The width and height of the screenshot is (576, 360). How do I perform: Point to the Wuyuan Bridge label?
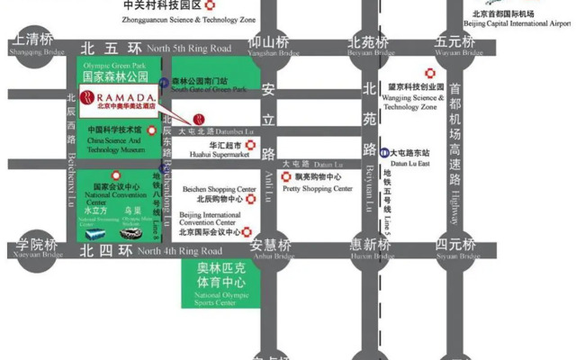point(454,46)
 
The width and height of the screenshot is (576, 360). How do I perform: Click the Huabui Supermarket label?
point(216,148)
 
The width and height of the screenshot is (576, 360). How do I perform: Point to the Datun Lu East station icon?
point(384,153)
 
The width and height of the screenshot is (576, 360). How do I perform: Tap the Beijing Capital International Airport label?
point(519,19)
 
